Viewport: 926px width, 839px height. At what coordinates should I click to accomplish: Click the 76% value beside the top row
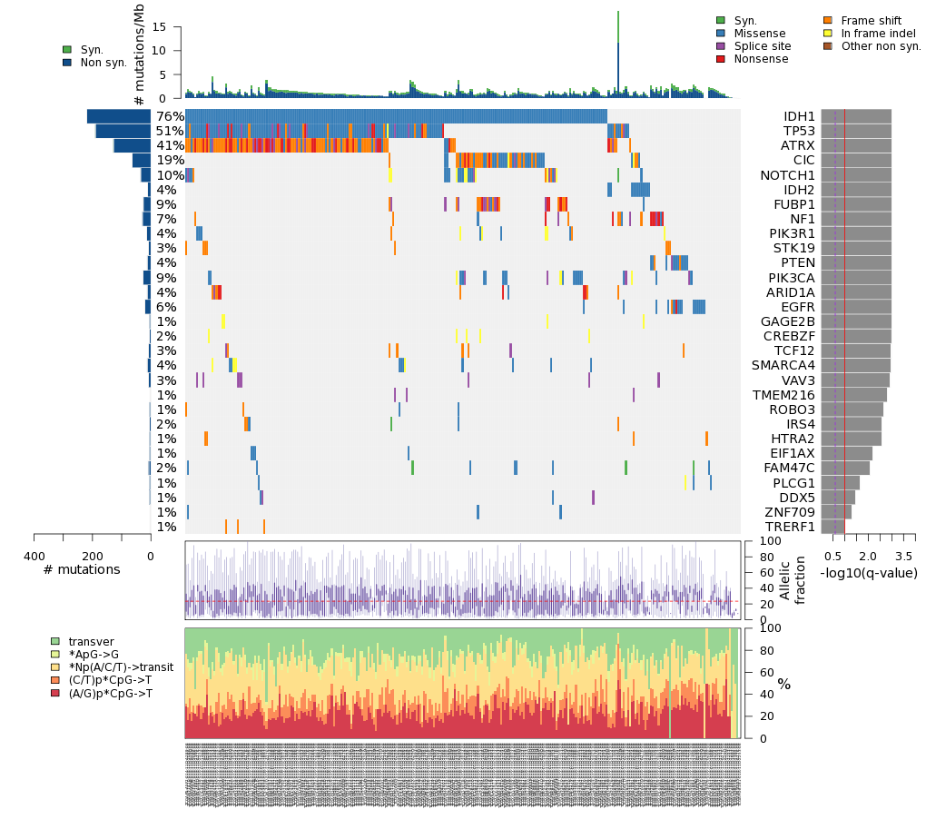[x=170, y=116]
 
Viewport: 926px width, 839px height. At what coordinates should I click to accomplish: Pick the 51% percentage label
[x=170, y=131]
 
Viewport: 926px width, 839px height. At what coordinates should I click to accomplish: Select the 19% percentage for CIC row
[x=170, y=161]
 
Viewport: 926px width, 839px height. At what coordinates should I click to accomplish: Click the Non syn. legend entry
[x=103, y=63]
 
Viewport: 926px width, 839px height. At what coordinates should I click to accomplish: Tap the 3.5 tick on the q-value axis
[x=903, y=555]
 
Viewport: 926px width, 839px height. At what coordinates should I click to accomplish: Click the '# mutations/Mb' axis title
[x=139, y=55]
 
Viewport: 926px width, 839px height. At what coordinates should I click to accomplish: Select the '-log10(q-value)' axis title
[x=869, y=573]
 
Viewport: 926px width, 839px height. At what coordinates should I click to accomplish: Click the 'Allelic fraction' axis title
[x=793, y=580]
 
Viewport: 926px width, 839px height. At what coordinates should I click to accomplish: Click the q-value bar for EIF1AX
[x=846, y=453]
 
